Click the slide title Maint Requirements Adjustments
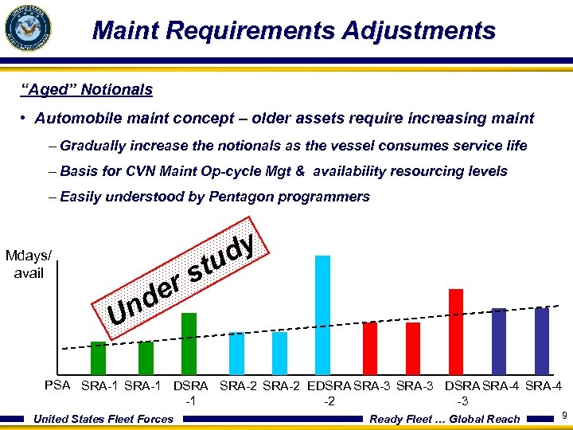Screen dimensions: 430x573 (294, 31)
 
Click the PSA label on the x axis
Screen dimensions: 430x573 (58, 385)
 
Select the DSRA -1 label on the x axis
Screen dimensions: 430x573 (190, 393)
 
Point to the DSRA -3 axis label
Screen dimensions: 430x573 (462, 393)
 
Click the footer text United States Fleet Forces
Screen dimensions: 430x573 (104, 419)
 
